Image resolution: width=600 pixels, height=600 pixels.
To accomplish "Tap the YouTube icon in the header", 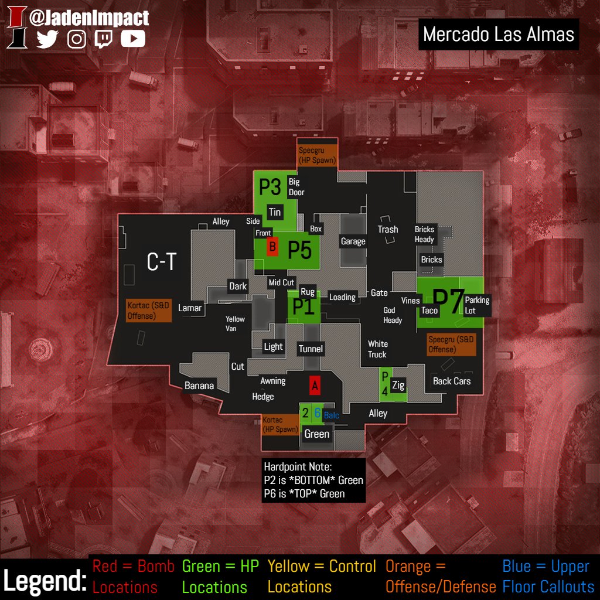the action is tap(133, 39).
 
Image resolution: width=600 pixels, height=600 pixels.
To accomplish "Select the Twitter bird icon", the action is tap(48, 39).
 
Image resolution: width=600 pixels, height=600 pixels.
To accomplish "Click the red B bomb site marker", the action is tap(272, 247).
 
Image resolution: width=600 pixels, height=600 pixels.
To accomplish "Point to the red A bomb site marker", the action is tap(315, 386).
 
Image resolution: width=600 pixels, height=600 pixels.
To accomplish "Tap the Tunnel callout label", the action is tap(311, 349).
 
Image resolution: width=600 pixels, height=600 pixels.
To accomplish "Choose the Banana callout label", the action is tap(199, 386).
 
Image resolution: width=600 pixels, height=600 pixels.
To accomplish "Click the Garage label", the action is tap(353, 241).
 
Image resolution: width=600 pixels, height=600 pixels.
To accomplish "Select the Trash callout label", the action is tap(387, 230).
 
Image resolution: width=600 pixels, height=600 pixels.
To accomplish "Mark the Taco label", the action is tap(429, 311).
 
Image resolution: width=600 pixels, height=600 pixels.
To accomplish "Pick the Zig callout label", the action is tap(398, 386).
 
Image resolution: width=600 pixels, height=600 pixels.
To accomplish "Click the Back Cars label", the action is tap(451, 381).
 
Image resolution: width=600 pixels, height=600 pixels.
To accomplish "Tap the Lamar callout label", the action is tap(190, 308).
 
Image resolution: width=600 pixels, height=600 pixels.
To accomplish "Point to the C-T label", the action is tap(161, 262).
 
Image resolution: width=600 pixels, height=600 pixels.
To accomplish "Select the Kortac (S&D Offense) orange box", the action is tap(149, 311).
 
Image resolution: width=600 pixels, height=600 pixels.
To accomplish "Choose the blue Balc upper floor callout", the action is tap(331, 415).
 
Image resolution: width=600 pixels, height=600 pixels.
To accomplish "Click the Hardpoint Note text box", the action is tap(313, 480).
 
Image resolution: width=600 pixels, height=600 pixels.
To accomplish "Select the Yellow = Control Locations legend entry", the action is tap(322, 577).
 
